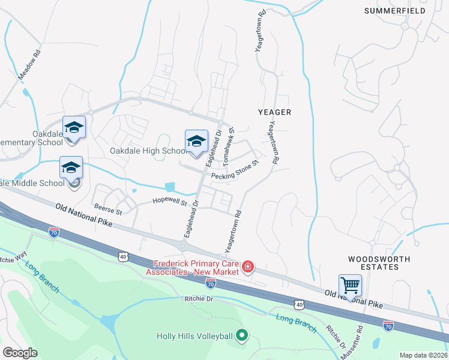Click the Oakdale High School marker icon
tap(196, 141)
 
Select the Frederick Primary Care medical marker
tap(247, 266)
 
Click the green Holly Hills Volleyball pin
tap(241, 335)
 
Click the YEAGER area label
tap(274, 112)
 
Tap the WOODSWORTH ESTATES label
tap(379, 264)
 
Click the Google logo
tap(20, 353)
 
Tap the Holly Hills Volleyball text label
tap(194, 336)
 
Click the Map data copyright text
tap(423, 355)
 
